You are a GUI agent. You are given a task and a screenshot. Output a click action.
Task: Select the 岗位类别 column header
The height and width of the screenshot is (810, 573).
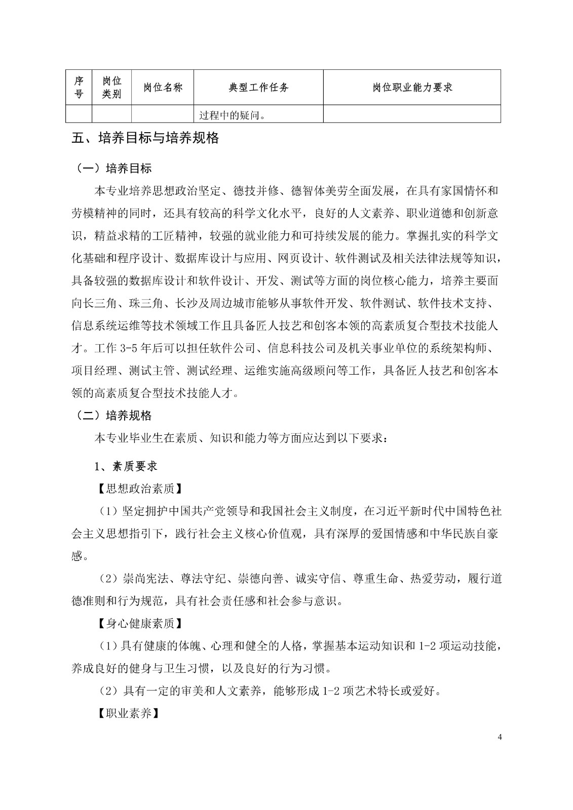click(x=111, y=87)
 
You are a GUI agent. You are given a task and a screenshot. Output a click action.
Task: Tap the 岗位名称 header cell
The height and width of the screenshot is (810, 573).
click(x=163, y=87)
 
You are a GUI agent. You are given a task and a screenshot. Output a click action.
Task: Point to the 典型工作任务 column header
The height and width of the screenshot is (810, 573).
click(x=258, y=87)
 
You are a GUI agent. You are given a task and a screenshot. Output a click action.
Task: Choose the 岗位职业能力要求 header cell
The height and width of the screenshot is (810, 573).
click(x=412, y=87)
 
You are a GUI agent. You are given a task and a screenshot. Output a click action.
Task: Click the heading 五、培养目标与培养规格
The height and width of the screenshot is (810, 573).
click(x=145, y=138)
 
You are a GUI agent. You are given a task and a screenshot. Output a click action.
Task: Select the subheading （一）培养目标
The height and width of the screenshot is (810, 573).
click(x=113, y=168)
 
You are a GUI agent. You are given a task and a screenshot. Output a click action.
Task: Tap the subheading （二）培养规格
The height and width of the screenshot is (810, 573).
click(x=113, y=416)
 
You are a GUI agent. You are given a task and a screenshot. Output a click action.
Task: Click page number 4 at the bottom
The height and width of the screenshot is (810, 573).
click(x=500, y=737)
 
